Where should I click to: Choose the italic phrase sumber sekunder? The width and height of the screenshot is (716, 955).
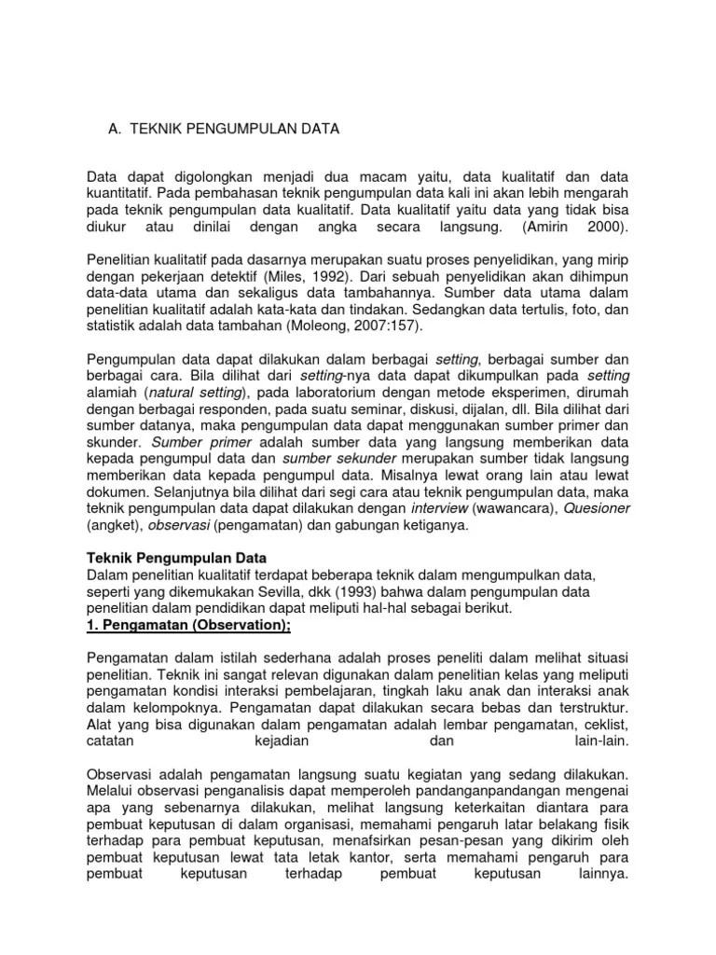click(326, 460)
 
